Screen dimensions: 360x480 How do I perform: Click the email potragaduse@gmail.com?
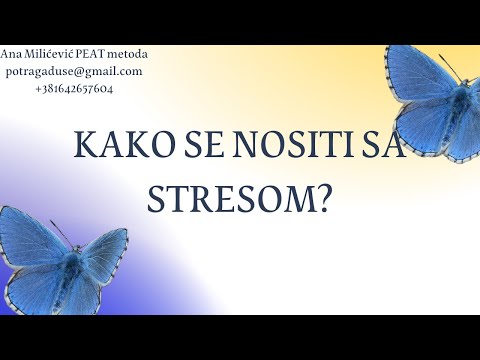click(x=72, y=71)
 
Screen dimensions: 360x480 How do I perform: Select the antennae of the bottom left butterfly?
click(x=63, y=232)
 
